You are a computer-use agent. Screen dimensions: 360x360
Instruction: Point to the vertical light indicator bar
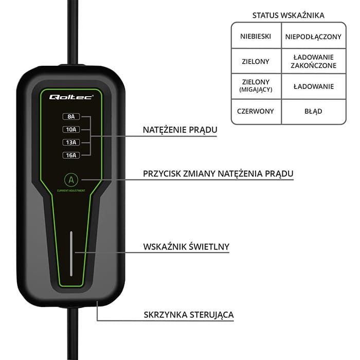click(71, 254)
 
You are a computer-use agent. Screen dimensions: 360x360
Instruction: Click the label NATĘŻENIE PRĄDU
click(179, 131)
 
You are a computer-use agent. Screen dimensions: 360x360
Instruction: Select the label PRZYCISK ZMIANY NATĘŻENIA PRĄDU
click(218, 174)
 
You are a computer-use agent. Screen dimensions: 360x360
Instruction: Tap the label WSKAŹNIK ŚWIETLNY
click(186, 247)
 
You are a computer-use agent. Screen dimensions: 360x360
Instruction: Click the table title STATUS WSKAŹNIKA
click(288, 15)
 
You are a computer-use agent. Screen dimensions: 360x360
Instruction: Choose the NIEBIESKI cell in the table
click(256, 36)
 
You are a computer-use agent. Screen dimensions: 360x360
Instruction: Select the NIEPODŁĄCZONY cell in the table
click(313, 36)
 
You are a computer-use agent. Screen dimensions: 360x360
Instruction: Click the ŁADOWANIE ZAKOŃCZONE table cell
click(313, 61)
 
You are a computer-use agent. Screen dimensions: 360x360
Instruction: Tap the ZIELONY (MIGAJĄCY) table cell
click(256, 85)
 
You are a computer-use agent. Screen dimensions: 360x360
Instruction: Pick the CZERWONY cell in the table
click(256, 111)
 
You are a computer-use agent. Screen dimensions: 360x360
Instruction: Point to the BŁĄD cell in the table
click(313, 111)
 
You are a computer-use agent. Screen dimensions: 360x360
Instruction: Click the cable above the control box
click(73, 31)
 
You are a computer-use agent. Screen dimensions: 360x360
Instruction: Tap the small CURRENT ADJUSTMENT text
click(71, 191)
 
